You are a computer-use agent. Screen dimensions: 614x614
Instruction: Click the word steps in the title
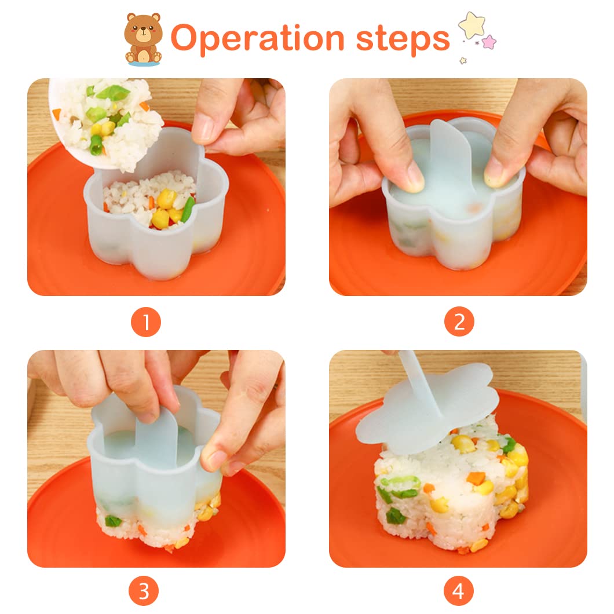pos(403,39)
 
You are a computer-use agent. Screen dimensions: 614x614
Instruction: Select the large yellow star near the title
pos(472,25)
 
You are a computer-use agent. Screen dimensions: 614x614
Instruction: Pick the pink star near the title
pos(489,42)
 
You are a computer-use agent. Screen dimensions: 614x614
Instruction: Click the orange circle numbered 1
pos(145,322)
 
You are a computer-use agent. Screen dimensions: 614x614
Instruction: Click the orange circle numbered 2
pos(459,322)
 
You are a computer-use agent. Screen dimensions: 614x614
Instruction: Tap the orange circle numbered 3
pos(144,591)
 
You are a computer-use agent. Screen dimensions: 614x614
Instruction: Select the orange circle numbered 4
pos(459,591)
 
